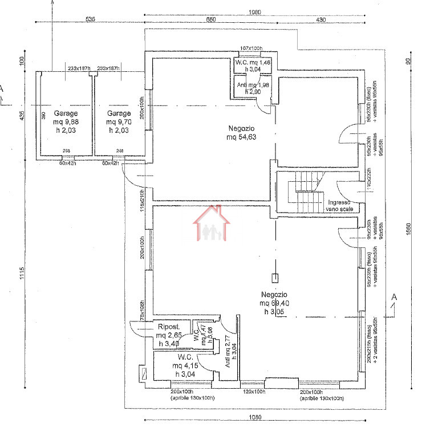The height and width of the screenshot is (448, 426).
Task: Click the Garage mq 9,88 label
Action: coord(65,121)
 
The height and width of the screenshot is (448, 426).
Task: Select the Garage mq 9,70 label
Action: coord(118,121)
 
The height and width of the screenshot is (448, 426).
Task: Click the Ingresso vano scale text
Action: coord(340,206)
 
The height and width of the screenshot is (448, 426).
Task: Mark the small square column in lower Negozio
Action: coord(274,278)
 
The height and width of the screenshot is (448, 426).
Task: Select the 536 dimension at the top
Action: coord(90,19)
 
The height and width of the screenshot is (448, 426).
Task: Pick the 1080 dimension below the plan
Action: coord(254,418)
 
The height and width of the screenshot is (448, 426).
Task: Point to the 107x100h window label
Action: coord(251,48)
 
